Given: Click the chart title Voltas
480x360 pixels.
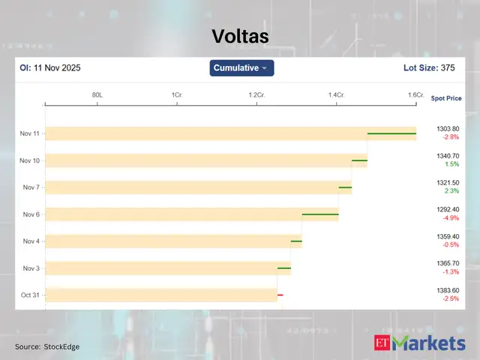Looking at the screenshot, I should pos(239,36).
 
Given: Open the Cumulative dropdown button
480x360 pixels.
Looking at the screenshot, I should pos(241,68).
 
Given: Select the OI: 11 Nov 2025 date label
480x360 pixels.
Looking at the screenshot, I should pos(50,68).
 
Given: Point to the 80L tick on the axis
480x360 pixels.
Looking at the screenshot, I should pos(97,95).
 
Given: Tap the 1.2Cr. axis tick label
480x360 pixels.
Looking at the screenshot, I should pos(257,95).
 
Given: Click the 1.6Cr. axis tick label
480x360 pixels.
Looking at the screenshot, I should pos(415,95).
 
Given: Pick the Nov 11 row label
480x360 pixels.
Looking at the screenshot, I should pos(31,133).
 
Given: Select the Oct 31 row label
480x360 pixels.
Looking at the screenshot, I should pos(31,295).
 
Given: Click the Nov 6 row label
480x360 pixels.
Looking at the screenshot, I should pos(31,214).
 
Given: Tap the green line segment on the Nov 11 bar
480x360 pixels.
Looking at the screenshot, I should pos(391,133).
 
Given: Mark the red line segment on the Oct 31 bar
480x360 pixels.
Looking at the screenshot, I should pos(280,295).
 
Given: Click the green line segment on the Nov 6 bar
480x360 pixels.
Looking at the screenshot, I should pos(320,214).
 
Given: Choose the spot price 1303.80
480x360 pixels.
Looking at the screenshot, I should pos(448,129).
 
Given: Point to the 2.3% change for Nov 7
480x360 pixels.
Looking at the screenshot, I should pos(451,191).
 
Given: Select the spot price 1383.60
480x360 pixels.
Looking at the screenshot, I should pos(448,291).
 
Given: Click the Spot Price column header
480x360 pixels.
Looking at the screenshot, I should pos(447,98).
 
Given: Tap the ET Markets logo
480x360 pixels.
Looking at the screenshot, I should pos(419,343).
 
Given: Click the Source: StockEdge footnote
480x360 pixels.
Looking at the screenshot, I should pos(47,346).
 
